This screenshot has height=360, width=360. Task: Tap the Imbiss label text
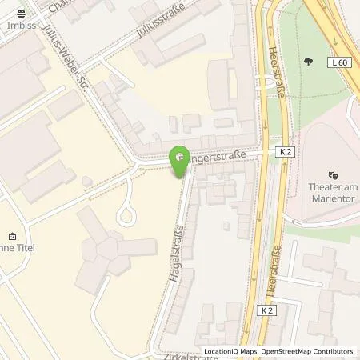tap(20, 24)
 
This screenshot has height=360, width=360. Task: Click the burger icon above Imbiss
tap(21, 14)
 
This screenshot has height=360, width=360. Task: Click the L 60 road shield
tap(338, 62)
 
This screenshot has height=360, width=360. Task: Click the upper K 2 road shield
tap(287, 151)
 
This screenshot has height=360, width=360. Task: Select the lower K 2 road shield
tap(266, 310)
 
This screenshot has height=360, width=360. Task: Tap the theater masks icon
tap(334, 174)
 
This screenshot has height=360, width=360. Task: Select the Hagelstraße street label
tap(172, 253)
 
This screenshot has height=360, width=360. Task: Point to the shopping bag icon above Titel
tap(12, 237)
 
